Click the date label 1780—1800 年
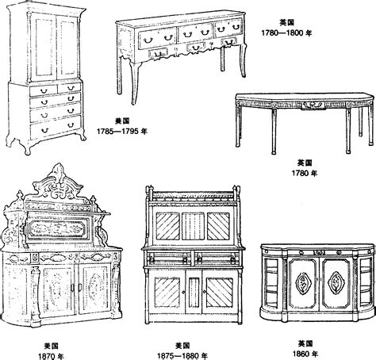286,33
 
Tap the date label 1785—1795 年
122,131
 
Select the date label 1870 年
51,356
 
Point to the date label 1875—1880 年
182,356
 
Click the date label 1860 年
305,354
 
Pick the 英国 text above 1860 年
305,343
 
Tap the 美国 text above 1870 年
52,346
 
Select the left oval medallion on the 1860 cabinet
302,282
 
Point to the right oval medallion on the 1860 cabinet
336,282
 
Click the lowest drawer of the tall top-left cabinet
56,128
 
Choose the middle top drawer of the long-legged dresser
195,33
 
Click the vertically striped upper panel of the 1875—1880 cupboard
193,226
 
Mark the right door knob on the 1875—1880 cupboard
204,292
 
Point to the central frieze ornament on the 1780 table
313,105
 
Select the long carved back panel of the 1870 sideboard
57,228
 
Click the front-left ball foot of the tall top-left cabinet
27,151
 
